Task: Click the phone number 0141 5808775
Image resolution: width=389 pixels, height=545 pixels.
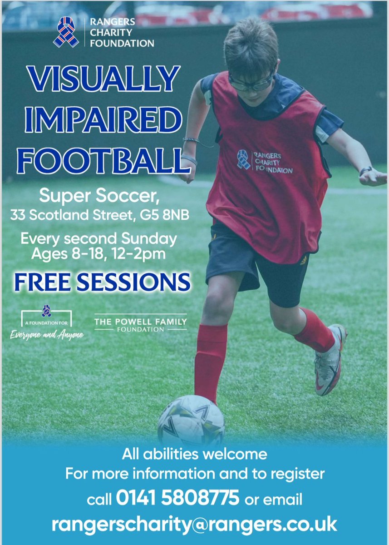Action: [x=177, y=499]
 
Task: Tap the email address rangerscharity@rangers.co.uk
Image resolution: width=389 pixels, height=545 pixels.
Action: [x=194, y=524]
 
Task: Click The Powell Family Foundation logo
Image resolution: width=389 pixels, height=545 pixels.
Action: [x=140, y=324]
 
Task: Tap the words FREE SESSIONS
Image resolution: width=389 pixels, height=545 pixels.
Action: [x=102, y=282]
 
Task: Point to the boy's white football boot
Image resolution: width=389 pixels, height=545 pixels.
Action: [x=330, y=359]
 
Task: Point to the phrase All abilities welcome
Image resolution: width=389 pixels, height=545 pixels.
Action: [x=194, y=453]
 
